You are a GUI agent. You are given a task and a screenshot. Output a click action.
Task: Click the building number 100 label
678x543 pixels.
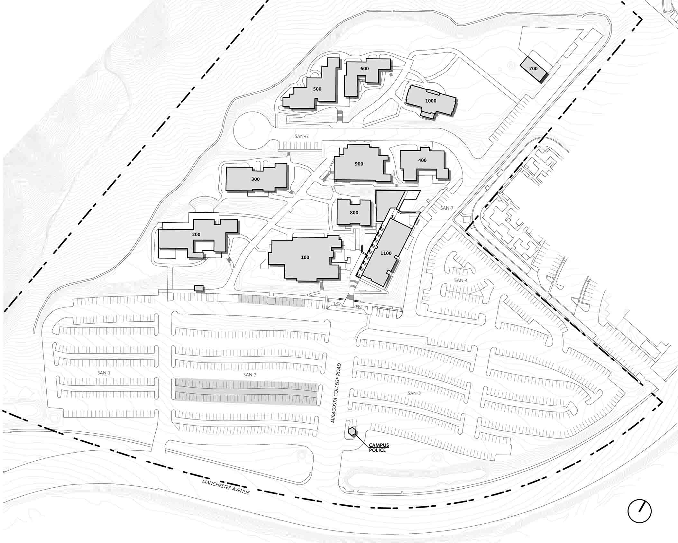(305, 257)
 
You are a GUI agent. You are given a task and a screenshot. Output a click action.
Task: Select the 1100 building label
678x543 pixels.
(386, 253)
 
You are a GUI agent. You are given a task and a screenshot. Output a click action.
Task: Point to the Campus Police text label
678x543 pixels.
(379, 448)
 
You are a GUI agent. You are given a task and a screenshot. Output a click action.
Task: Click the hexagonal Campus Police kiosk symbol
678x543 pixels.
(352, 432)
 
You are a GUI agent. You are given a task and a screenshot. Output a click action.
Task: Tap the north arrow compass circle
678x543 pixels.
(639, 511)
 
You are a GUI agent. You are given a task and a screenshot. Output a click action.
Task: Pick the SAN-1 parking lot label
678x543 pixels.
(104, 373)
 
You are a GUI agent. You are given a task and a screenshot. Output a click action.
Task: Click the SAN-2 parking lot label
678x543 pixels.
(250, 375)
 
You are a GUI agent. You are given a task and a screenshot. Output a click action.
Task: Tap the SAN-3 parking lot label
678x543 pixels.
(414, 393)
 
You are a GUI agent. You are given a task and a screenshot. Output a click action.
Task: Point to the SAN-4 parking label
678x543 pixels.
(461, 280)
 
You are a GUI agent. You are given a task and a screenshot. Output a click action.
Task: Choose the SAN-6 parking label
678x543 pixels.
(301, 136)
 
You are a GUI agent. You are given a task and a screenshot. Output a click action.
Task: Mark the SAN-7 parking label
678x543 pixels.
(447, 208)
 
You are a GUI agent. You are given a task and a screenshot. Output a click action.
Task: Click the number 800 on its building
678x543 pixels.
(354, 213)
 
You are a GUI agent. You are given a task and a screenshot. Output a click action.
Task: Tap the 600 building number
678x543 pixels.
(364, 69)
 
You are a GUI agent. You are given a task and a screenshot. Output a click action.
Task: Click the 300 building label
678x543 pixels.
(255, 179)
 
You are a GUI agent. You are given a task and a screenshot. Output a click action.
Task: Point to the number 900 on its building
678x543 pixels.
(359, 164)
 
